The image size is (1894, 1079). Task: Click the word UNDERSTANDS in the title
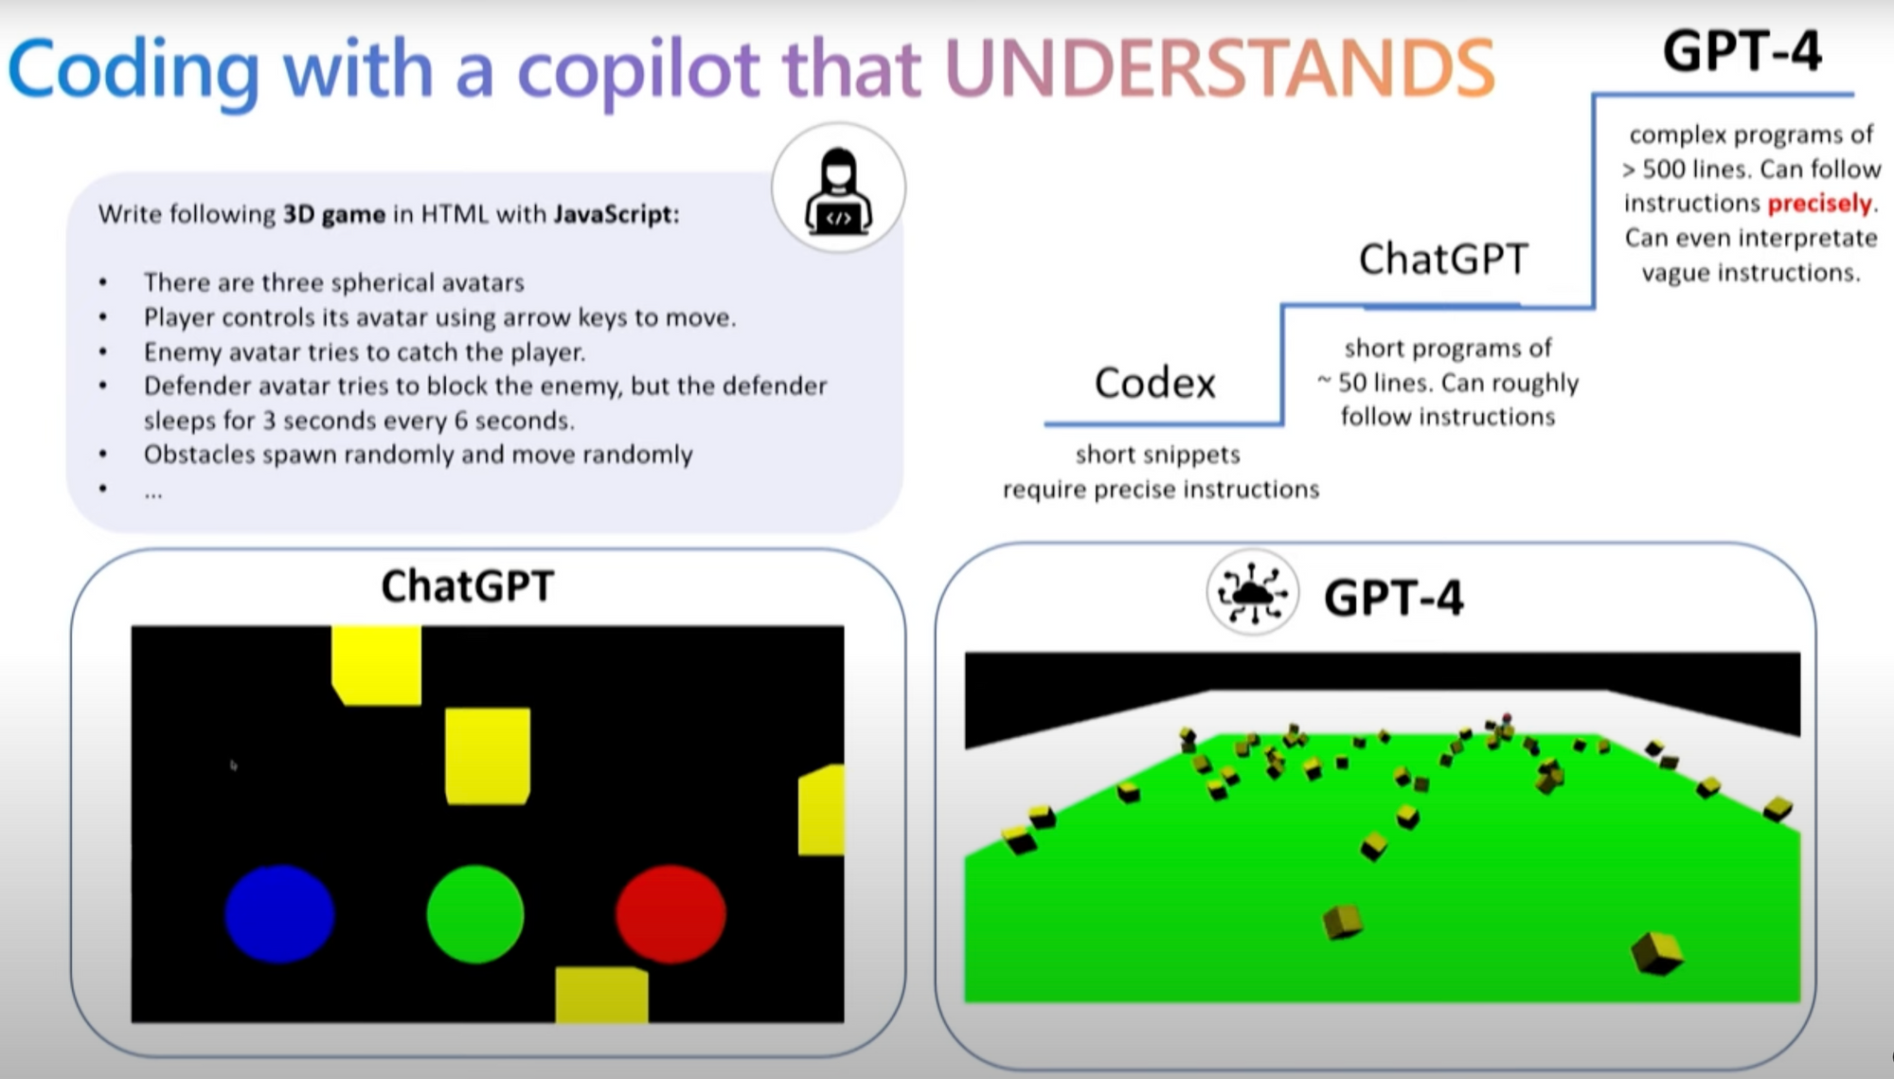[1220, 68]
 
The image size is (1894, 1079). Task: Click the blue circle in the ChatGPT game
[279, 913]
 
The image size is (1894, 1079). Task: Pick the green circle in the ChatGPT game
[475, 913]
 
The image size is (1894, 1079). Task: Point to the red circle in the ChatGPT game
[670, 913]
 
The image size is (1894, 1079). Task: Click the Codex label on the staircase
[1154, 383]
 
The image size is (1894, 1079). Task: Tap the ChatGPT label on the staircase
[1443, 259]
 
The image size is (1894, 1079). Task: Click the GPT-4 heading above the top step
[1742, 51]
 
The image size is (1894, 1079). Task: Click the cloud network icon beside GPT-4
[1252, 593]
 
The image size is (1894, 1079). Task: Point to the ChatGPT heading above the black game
[468, 586]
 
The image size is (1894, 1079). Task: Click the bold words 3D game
[334, 214]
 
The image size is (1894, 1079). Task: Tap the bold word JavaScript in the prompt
[614, 214]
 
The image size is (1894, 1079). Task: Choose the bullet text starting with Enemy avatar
[365, 352]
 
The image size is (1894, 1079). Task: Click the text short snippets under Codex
[1157, 455]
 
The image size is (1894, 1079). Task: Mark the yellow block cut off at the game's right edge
[821, 810]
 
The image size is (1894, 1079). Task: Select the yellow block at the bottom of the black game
[601, 995]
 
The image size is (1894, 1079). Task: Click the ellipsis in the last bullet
[153, 494]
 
